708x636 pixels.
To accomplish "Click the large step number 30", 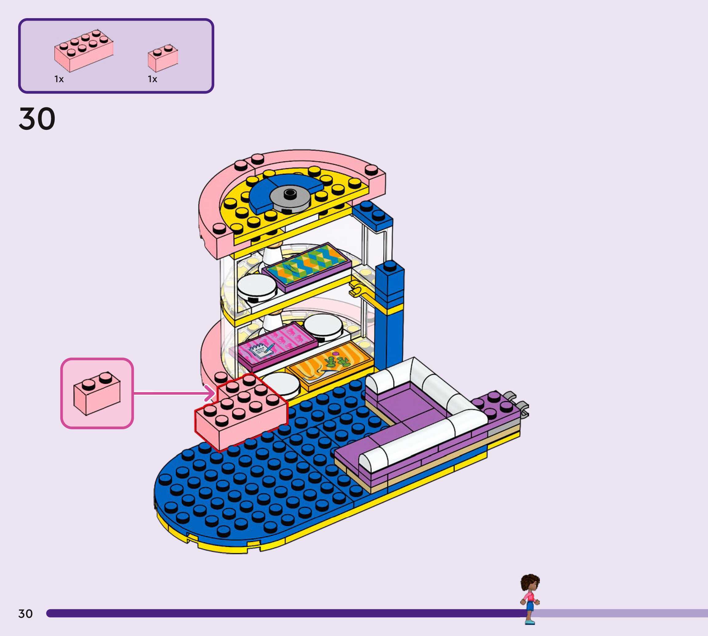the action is (x=37, y=119).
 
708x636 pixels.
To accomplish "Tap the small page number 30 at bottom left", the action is (x=26, y=614).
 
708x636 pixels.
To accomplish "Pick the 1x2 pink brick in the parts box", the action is (x=163, y=58).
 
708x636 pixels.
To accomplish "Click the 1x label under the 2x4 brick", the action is (x=59, y=79).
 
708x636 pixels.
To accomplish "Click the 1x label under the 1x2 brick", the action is (x=152, y=79).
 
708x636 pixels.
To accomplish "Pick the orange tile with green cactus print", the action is (x=330, y=365).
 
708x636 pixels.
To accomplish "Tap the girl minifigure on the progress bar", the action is (x=530, y=598).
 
